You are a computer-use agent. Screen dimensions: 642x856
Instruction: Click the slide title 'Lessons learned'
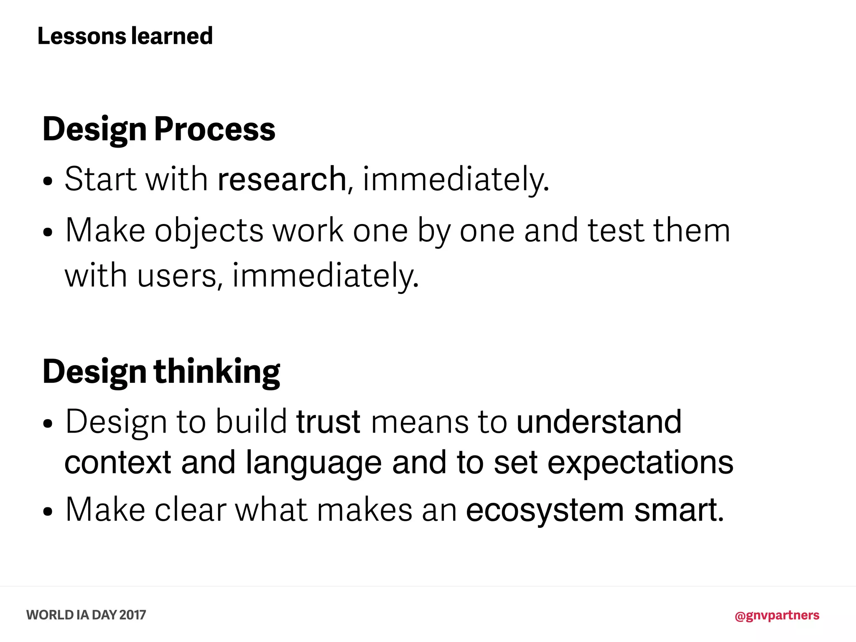coord(125,36)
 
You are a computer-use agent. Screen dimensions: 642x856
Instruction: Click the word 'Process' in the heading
coord(215,129)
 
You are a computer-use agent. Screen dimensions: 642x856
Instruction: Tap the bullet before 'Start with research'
coord(48,181)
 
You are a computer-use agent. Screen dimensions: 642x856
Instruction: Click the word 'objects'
coord(209,231)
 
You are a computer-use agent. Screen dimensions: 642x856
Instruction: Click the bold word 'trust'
coord(328,422)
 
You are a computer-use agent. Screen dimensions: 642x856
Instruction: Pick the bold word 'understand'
coord(599,422)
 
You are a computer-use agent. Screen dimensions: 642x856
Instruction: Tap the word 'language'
coord(313,463)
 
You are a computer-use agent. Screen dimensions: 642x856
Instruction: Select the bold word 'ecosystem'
coord(545,510)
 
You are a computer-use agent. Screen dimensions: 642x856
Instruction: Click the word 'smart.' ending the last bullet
coord(679,510)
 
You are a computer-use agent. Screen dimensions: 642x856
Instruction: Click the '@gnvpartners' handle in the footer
coord(777,615)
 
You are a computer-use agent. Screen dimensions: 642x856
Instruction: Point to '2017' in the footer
coord(132,615)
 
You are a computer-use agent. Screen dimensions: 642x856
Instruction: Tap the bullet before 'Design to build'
coord(48,424)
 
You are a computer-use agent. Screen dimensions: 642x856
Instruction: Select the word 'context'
coord(118,463)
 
